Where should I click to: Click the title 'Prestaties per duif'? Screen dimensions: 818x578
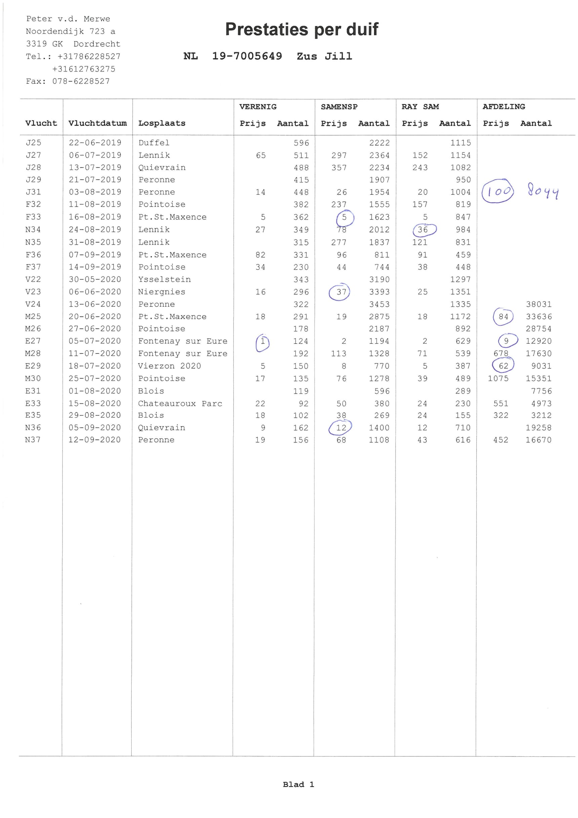pos(301,29)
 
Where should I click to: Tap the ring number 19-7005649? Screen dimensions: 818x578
pos(247,56)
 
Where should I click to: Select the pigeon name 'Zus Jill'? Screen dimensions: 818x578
pos(324,56)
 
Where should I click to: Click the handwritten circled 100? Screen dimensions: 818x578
pos(498,191)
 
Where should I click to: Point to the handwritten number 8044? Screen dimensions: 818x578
pos(543,191)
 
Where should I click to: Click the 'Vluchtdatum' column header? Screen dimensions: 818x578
pos(97,123)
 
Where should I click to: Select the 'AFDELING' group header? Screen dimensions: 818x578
pos(504,107)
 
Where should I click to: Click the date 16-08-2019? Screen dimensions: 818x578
pos(95,217)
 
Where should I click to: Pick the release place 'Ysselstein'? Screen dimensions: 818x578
pos(164,279)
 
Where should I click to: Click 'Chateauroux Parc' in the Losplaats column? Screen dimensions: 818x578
pos(180,403)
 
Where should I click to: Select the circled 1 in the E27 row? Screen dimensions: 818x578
pos(263,342)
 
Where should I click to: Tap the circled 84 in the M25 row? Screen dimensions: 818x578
pos(503,317)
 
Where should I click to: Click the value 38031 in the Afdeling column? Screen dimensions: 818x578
pos(538,304)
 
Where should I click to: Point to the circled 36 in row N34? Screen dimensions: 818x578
pos(423,230)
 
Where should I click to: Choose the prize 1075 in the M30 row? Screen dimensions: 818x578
pos(498,378)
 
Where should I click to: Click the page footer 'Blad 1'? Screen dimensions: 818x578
pos(298,784)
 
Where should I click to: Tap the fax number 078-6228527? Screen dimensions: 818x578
pos(81,81)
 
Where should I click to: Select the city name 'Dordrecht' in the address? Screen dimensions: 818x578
pos(97,44)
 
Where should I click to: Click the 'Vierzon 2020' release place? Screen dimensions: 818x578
pos(169,366)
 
